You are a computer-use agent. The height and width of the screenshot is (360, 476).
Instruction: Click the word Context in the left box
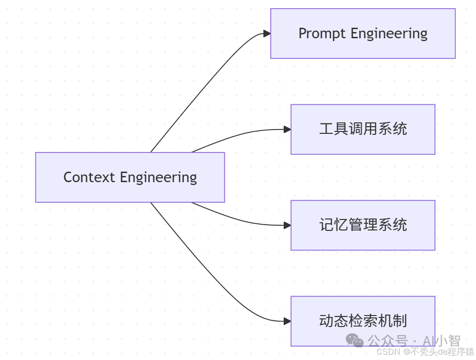point(89,177)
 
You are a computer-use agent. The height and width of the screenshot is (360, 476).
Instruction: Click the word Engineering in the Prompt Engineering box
point(389,33)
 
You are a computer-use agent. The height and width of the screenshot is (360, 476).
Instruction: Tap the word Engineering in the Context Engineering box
point(158,177)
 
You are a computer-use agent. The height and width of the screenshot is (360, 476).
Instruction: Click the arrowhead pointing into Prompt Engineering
point(267,33)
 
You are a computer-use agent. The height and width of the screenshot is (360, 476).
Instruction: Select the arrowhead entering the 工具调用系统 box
point(287,129)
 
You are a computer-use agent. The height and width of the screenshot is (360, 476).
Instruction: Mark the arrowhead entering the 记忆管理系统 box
point(287,225)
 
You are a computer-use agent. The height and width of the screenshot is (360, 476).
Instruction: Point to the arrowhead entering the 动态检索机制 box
point(287,321)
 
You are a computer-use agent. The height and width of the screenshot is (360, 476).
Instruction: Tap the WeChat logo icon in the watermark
point(355,340)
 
